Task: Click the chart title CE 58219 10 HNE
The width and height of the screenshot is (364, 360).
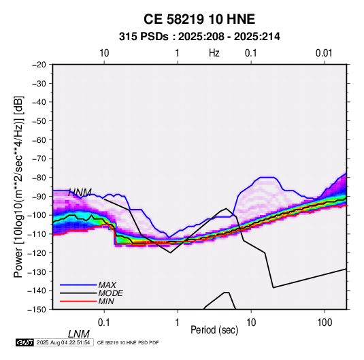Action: tap(199, 19)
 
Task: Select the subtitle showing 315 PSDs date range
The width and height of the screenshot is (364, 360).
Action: tap(199, 37)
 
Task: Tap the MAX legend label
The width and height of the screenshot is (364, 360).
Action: tap(107, 285)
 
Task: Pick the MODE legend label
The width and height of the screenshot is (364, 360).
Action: tap(110, 293)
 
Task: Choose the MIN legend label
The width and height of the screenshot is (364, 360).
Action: tap(106, 301)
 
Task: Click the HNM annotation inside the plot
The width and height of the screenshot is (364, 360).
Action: tap(80, 193)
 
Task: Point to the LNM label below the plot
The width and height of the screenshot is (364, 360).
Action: tap(78, 334)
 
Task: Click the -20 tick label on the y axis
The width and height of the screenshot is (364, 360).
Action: tap(39, 65)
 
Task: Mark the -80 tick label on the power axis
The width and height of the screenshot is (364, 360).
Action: tap(39, 178)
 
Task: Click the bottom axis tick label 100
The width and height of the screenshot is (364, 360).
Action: tap(325, 323)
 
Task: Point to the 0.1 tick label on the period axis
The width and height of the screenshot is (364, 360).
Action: tap(104, 323)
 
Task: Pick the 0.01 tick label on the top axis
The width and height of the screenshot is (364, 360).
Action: tap(324, 53)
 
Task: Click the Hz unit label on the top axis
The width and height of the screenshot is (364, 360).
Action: tap(214, 53)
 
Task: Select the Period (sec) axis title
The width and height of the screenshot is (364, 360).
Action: tap(214, 330)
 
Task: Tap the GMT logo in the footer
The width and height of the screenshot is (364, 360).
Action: tap(25, 342)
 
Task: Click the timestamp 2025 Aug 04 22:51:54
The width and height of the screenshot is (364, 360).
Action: tap(63, 342)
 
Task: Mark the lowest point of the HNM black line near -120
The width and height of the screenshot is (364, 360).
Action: tap(170, 252)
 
